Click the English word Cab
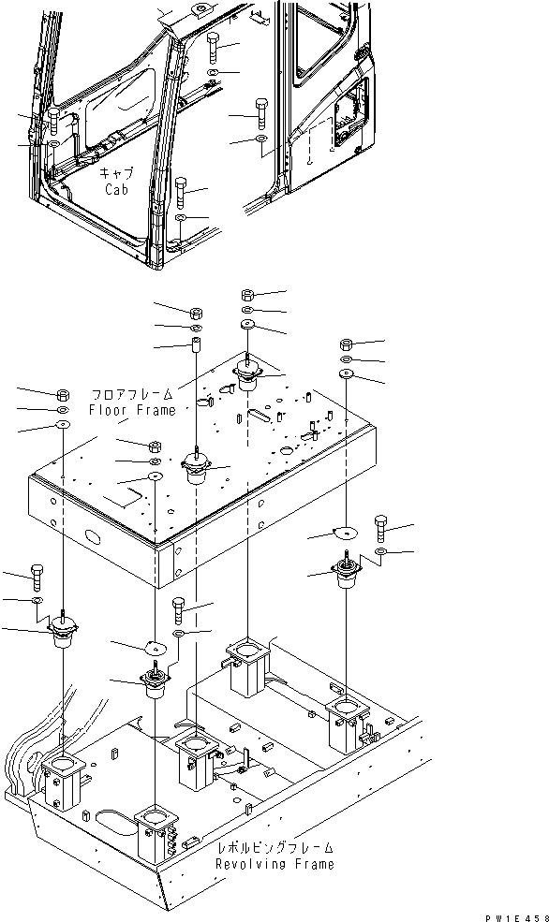(117, 188)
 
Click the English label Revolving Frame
(274, 864)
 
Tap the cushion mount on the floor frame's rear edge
(247, 376)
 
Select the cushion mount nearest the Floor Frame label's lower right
(197, 468)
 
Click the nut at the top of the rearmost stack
(247, 295)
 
